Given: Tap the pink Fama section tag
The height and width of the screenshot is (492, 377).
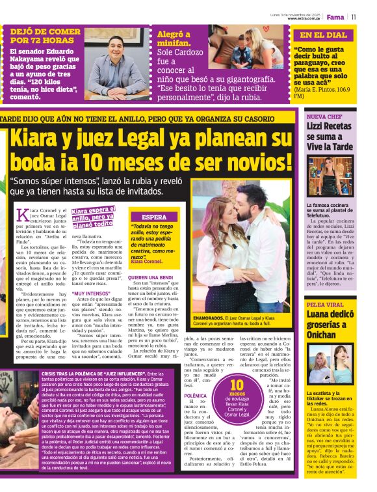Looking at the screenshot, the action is pyautogui.click(x=335, y=17).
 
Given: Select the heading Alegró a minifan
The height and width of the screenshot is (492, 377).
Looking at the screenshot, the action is pyautogui.click(x=174, y=40).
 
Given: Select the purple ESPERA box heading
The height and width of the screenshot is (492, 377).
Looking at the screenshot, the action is pyautogui.click(x=154, y=217).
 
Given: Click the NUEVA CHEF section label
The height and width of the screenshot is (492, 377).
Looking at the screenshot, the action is pyautogui.click(x=323, y=117).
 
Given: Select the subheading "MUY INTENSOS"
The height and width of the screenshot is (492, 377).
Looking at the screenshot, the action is pyautogui.click(x=92, y=294).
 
